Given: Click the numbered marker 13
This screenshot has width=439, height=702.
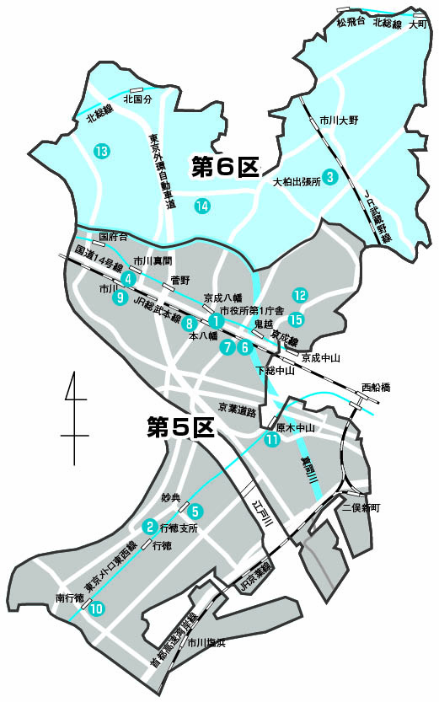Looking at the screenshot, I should [x=102, y=152].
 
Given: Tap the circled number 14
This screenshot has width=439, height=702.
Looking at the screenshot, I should [x=201, y=206].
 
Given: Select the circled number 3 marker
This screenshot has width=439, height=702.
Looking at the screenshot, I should [x=331, y=176].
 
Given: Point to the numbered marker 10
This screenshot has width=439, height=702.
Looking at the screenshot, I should [x=96, y=608].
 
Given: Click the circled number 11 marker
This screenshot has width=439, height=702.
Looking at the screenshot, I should [x=271, y=439].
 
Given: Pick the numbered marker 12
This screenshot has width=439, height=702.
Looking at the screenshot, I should [x=299, y=295].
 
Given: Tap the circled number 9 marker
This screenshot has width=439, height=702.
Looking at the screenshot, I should [x=120, y=297].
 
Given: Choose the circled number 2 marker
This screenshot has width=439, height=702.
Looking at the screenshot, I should [x=149, y=528].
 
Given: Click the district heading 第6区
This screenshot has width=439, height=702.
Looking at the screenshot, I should [x=224, y=167].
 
